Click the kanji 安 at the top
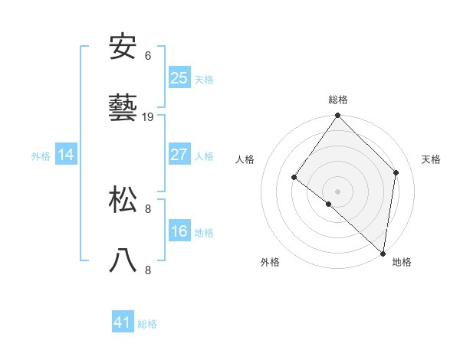coord(123,47)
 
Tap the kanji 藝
coord(123,109)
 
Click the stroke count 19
coord(148,117)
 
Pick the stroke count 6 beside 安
coord(148,56)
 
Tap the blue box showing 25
coord(179,77)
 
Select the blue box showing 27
coord(179,155)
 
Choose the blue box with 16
coord(179,231)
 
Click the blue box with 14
coord(66,155)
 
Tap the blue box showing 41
coord(123,322)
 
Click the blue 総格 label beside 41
coord(147,324)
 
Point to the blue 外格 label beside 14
coord(41,156)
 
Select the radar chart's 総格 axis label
coord(338,100)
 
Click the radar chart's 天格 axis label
coord(432,159)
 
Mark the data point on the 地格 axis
coord(383,253)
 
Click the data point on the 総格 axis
coord(338,116)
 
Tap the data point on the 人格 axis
coord(294,177)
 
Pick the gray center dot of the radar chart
coord(338,191)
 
